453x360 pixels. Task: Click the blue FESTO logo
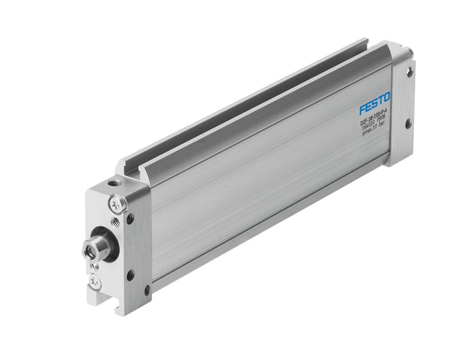tap(374, 103)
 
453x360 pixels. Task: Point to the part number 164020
tap(368, 128)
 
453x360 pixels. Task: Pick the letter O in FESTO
tap(386, 98)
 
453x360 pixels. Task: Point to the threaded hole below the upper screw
tap(115, 222)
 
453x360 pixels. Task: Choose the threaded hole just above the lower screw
tap(95, 266)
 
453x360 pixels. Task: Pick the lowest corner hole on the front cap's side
tap(147, 290)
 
